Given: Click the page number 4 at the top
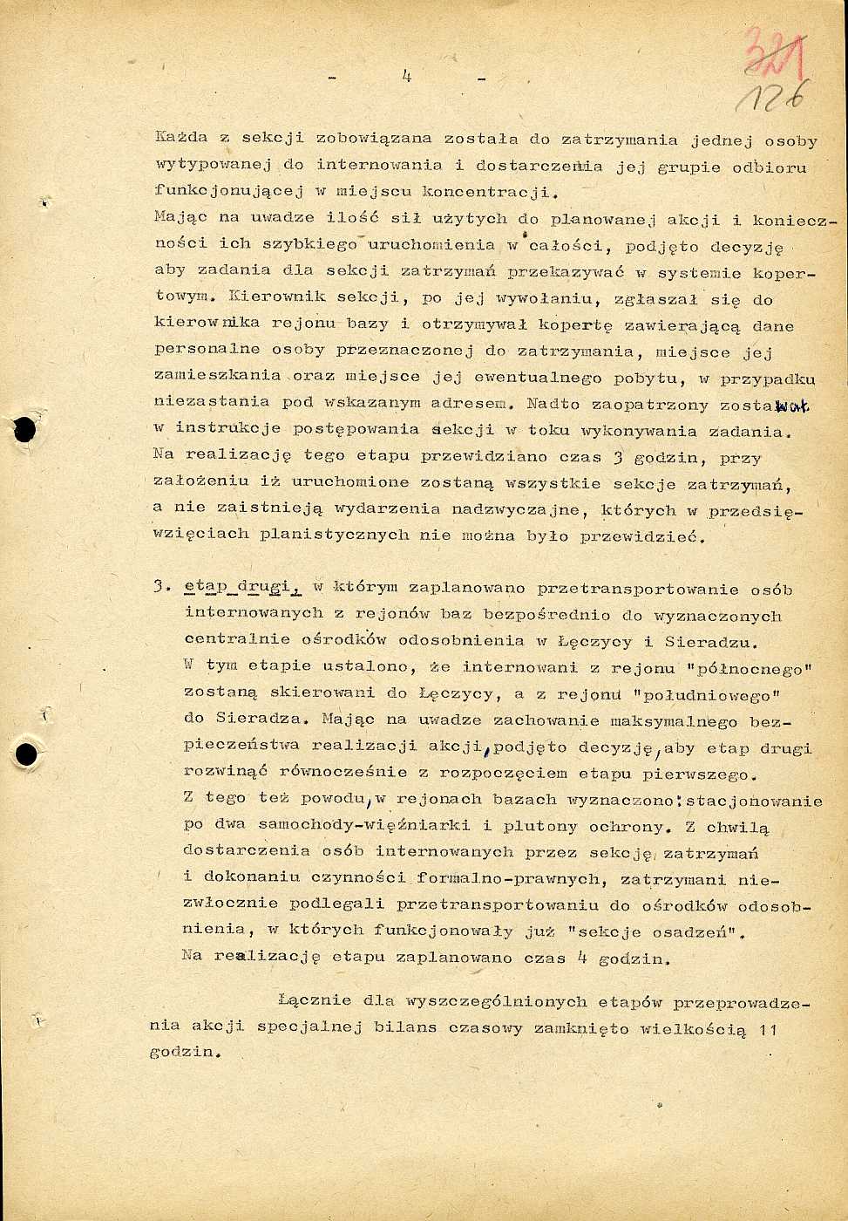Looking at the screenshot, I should click(x=406, y=76).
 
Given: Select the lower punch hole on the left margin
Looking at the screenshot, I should click(x=27, y=754).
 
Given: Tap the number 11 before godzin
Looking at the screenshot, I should click(x=767, y=1030).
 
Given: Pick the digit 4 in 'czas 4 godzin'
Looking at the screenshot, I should click(x=582, y=957).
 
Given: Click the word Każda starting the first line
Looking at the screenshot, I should click(x=181, y=138).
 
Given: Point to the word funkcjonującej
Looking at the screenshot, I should click(x=226, y=191).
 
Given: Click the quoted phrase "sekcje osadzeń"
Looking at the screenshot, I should click(x=655, y=931).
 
